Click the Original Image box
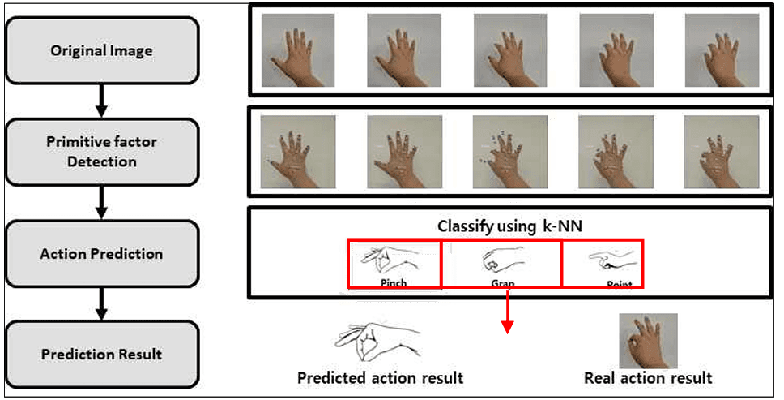tap(101, 50)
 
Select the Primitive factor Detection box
tap(101, 151)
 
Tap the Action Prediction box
tap(101, 253)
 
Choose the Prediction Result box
tap(101, 354)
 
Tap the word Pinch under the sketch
tap(393, 283)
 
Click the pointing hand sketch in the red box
tap(609, 261)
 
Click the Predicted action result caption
tap(380, 378)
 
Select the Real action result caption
tap(648, 378)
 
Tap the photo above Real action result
tap(648, 341)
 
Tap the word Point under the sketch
tap(619, 284)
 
